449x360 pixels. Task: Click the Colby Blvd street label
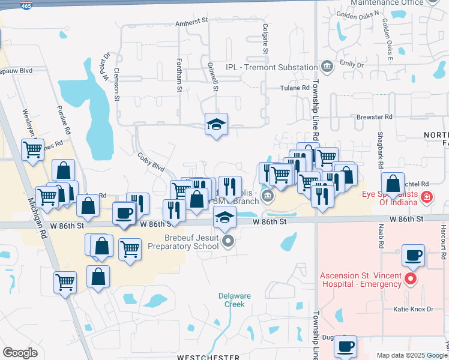point(151,163)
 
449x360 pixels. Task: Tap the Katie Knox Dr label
point(414,310)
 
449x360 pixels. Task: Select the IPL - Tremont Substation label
point(271,67)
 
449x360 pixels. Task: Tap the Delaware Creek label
point(234,300)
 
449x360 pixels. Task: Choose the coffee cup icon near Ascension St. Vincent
point(412,254)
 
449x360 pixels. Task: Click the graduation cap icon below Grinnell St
point(216,124)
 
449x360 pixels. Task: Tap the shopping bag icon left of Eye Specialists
point(393,184)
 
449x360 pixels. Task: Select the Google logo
point(20,353)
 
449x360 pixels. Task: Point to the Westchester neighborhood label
point(208,357)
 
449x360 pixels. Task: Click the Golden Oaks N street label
point(358,13)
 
